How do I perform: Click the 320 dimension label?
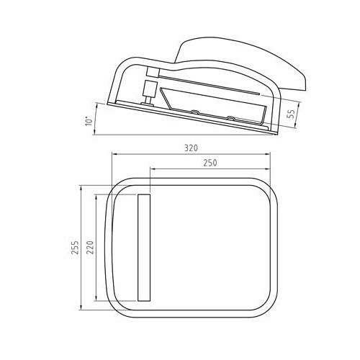pyautogui.click(x=190, y=148)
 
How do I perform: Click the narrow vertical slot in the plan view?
pyautogui.click(x=143, y=247)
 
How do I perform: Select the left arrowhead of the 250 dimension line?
pyautogui.click(x=151, y=170)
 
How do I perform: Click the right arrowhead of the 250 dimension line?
pyautogui.click(x=272, y=170)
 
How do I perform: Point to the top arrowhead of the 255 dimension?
pyautogui.click(x=82, y=189)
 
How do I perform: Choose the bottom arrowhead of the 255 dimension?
pyautogui.click(x=82, y=310)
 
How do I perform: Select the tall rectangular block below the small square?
pyautogui.click(x=150, y=90)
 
